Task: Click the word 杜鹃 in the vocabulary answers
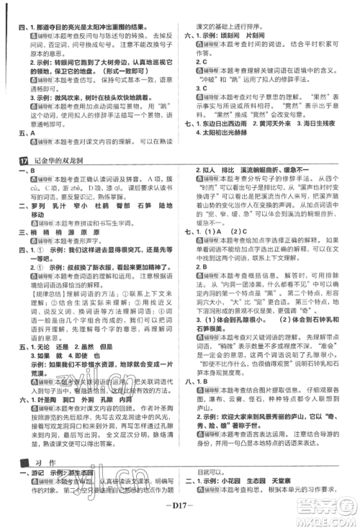(x=102, y=205)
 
